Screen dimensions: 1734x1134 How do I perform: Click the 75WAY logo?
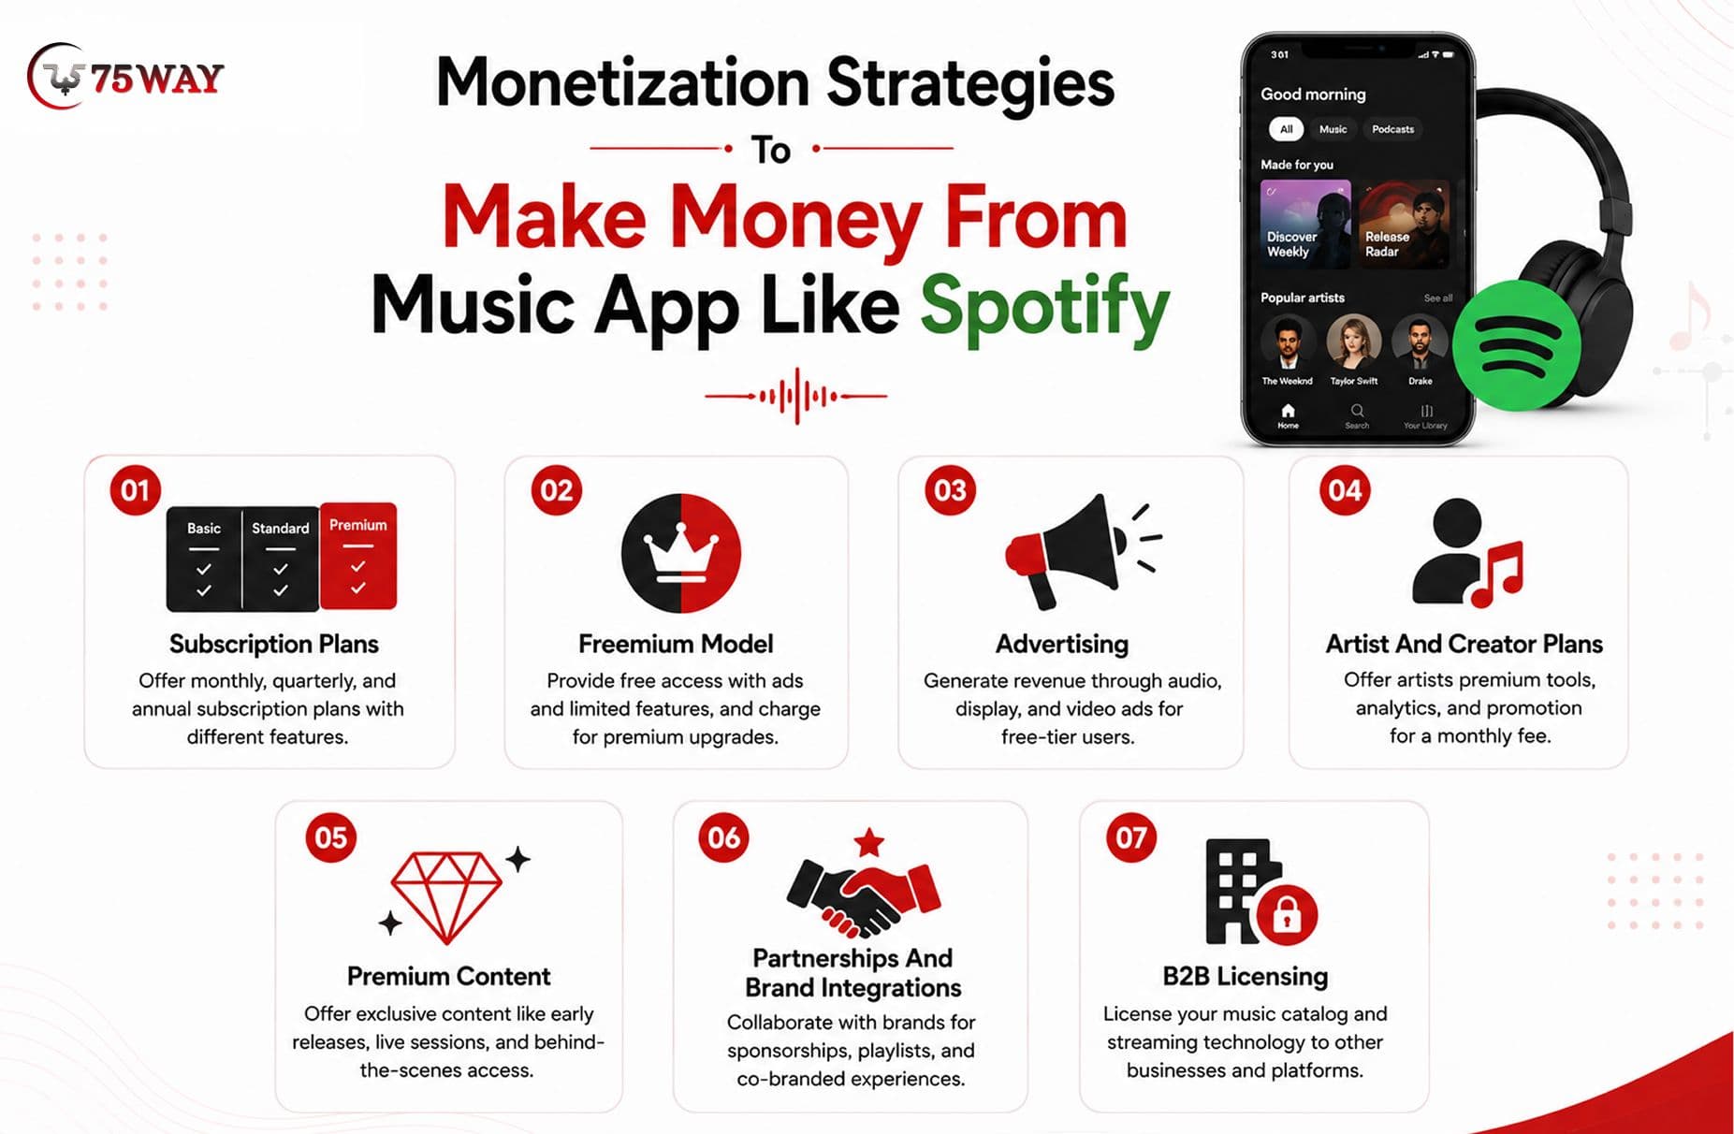coord(125,77)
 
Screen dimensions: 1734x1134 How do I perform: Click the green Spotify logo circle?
coord(1517,345)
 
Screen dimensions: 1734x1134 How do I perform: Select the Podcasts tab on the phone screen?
coord(1392,129)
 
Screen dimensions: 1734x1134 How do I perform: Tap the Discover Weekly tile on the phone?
coord(1305,225)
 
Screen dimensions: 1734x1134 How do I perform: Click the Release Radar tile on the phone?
coord(1404,225)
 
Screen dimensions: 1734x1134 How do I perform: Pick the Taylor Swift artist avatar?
coord(1354,342)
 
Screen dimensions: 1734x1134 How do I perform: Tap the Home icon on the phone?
coord(1288,411)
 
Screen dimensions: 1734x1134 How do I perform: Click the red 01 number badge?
coord(135,490)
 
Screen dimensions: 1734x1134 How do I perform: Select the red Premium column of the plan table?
coord(358,556)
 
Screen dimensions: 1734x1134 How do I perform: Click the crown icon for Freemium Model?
coord(681,553)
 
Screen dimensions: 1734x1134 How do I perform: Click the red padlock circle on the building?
coord(1287,915)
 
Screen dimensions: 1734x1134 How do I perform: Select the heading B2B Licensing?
coord(1245,976)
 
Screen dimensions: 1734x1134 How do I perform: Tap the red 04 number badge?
coord(1345,490)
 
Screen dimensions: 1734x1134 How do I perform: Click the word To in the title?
coord(771,150)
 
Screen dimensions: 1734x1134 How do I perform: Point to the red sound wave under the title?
coord(795,396)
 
